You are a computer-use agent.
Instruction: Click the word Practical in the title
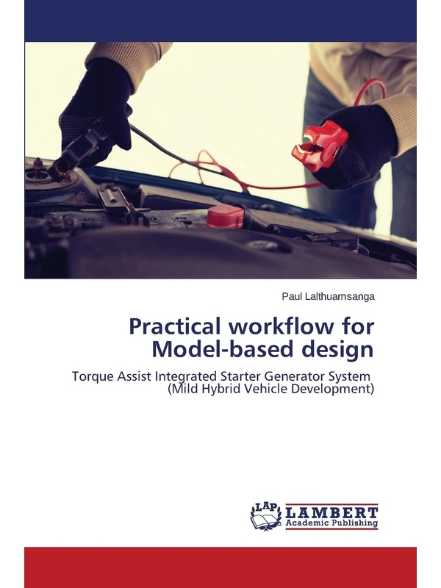pos(176,327)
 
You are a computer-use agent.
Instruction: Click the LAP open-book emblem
pos(266,517)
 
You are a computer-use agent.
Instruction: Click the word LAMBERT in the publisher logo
pos(331,512)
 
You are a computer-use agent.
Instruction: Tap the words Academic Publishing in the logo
pos(331,523)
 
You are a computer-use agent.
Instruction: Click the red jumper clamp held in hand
pos(320,144)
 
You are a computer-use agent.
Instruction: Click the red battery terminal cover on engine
pos(225,216)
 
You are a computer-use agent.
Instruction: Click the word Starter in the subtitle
pos(243,376)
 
